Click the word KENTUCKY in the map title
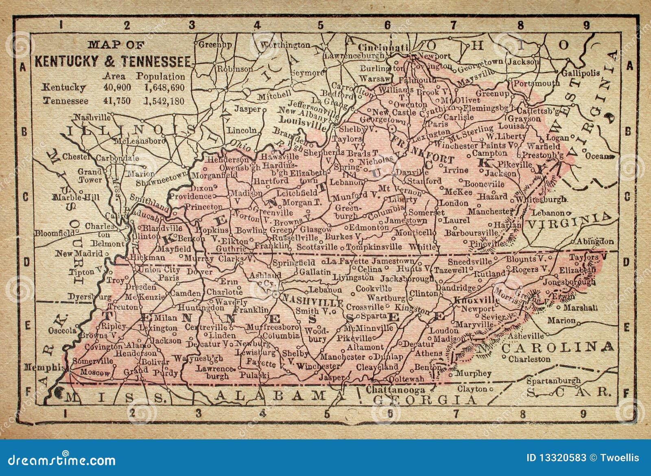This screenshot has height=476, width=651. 66,61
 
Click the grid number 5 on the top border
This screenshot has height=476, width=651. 321,26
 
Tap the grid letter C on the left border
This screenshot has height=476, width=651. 25,197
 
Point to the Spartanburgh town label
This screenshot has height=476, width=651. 553,381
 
